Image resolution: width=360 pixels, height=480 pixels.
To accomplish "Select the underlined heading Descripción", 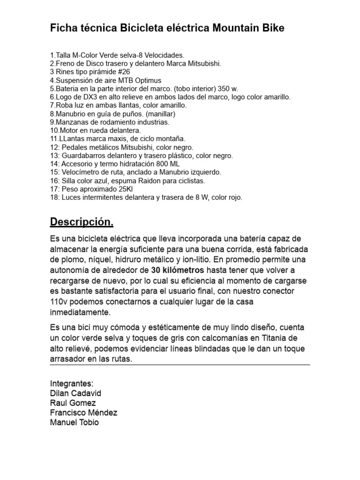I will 82,221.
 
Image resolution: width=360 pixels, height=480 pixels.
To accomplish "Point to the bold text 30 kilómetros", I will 178,270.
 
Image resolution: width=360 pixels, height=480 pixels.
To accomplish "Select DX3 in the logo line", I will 83,97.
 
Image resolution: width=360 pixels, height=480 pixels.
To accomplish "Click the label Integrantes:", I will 72,383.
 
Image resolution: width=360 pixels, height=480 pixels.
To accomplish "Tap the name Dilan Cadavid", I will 75,393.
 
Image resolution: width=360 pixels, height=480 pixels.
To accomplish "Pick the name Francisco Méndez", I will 83,412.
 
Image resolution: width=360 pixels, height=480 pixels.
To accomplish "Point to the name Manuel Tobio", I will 74,422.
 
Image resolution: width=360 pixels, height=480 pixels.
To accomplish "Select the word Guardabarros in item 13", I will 84,155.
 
